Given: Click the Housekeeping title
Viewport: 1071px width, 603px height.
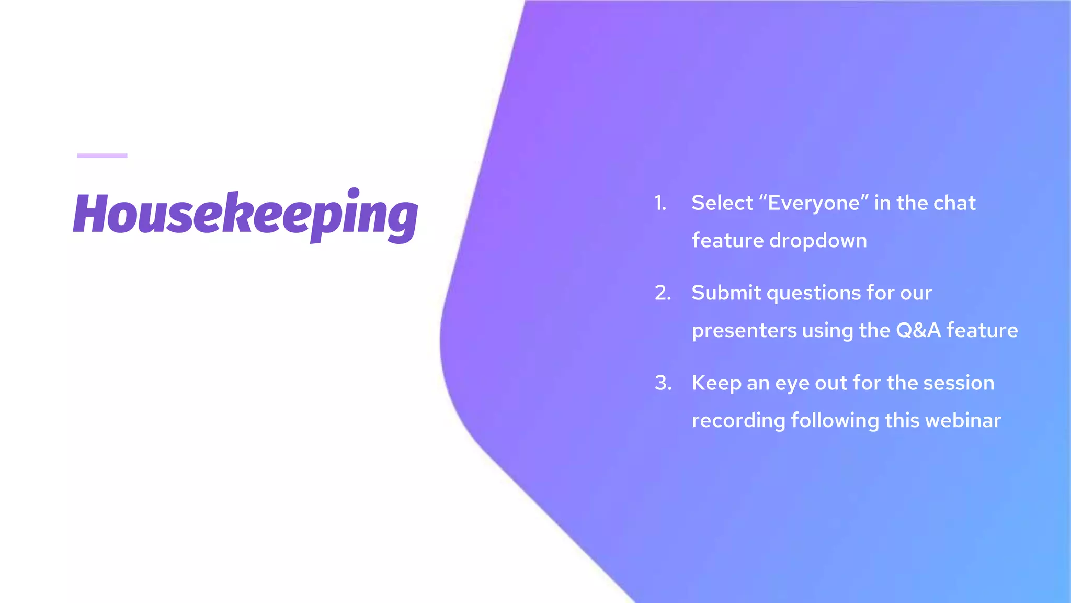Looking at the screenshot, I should tap(246, 215).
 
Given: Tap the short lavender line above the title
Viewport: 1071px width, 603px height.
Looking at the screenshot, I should tap(102, 155).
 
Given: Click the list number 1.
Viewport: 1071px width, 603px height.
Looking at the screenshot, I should tap(660, 203).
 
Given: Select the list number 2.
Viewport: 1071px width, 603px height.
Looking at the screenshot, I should tap(663, 293).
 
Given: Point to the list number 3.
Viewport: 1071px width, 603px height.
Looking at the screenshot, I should tap(663, 383).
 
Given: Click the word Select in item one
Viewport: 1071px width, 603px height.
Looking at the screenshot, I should tap(722, 203).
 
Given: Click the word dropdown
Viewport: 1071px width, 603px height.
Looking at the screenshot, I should tap(818, 241).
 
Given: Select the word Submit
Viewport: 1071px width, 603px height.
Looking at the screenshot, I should tap(726, 293).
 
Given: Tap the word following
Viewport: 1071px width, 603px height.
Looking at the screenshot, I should tap(835, 421).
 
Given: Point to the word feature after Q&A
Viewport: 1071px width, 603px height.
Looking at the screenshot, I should tap(982, 330).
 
